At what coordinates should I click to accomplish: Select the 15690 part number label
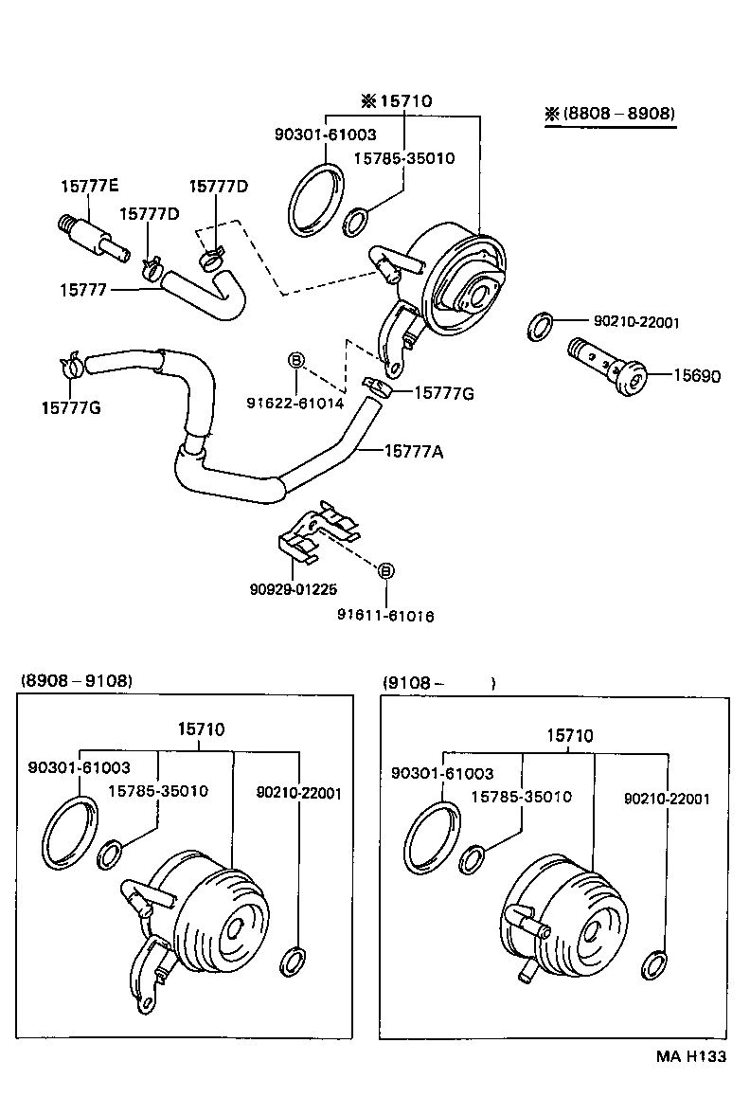point(696,376)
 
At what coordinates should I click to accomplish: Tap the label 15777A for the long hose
point(414,451)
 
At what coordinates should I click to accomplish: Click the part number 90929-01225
point(293,588)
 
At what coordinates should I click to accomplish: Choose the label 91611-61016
point(385,616)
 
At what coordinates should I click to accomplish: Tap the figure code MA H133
point(692,1056)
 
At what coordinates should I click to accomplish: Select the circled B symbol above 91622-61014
point(295,360)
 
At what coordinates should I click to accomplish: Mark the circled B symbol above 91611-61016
point(385,570)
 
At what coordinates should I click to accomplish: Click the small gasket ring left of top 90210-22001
point(539,326)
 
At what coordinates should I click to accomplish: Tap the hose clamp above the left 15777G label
point(71,365)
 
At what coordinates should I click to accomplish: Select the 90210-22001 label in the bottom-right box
point(667,799)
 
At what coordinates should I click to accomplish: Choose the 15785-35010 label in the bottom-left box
point(158,790)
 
